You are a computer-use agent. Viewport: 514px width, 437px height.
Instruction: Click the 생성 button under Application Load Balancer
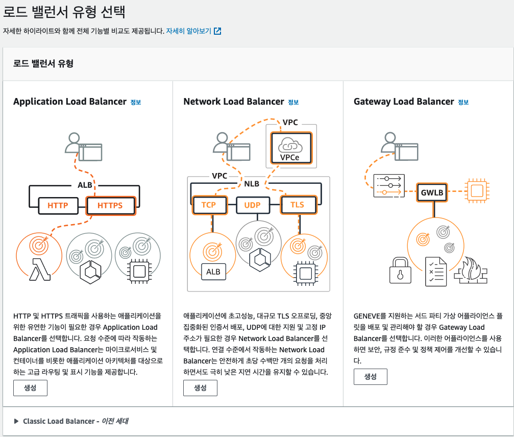point(30,388)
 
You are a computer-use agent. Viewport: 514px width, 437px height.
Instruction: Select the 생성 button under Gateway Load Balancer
point(370,377)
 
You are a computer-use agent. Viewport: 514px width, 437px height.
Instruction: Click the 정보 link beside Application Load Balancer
point(135,102)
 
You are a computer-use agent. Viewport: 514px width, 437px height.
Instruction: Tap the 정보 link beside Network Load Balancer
point(293,102)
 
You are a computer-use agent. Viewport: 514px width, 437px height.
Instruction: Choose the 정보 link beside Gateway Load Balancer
point(463,102)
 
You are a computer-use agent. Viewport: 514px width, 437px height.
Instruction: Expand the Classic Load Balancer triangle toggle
point(17,421)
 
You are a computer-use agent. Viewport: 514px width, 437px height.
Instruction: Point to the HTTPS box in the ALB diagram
point(110,206)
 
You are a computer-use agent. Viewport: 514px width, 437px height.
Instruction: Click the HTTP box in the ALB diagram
point(58,206)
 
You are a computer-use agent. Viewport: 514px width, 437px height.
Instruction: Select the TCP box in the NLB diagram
point(208,205)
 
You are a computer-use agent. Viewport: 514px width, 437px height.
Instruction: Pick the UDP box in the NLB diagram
point(252,205)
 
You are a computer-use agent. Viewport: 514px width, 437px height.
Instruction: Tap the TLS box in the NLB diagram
point(297,205)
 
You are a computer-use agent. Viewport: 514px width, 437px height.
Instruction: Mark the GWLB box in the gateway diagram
point(433,193)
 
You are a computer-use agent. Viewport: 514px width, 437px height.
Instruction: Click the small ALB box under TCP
point(213,272)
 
